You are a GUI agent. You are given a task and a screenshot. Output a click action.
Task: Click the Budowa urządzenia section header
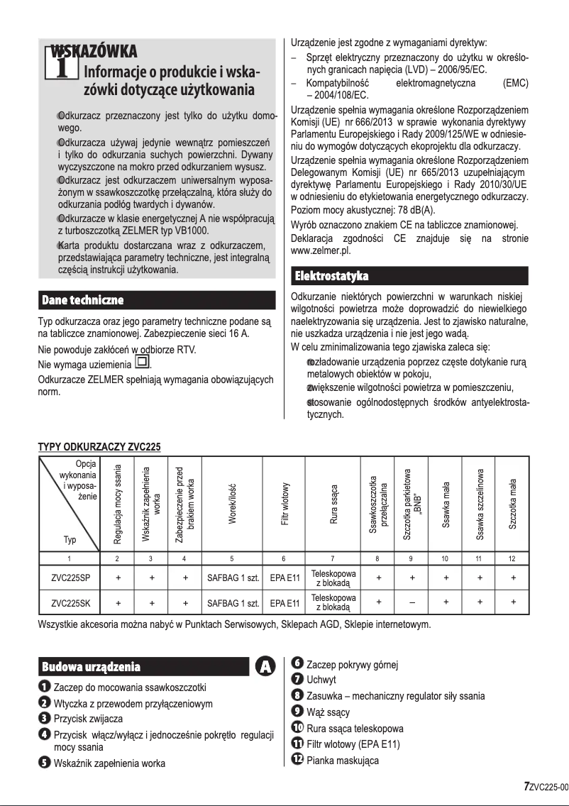pos(91,666)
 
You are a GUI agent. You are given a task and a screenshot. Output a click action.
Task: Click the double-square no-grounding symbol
pos(142,365)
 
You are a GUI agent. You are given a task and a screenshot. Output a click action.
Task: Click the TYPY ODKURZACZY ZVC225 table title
pos(99,447)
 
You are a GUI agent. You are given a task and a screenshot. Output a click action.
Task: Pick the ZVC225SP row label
pos(70,578)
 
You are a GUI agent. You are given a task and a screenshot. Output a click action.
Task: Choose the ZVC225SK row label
pos(70,604)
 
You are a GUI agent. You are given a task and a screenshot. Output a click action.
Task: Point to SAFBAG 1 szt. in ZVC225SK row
pos(232,604)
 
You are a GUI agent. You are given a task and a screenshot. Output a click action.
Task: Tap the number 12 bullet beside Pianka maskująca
pos(298,760)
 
